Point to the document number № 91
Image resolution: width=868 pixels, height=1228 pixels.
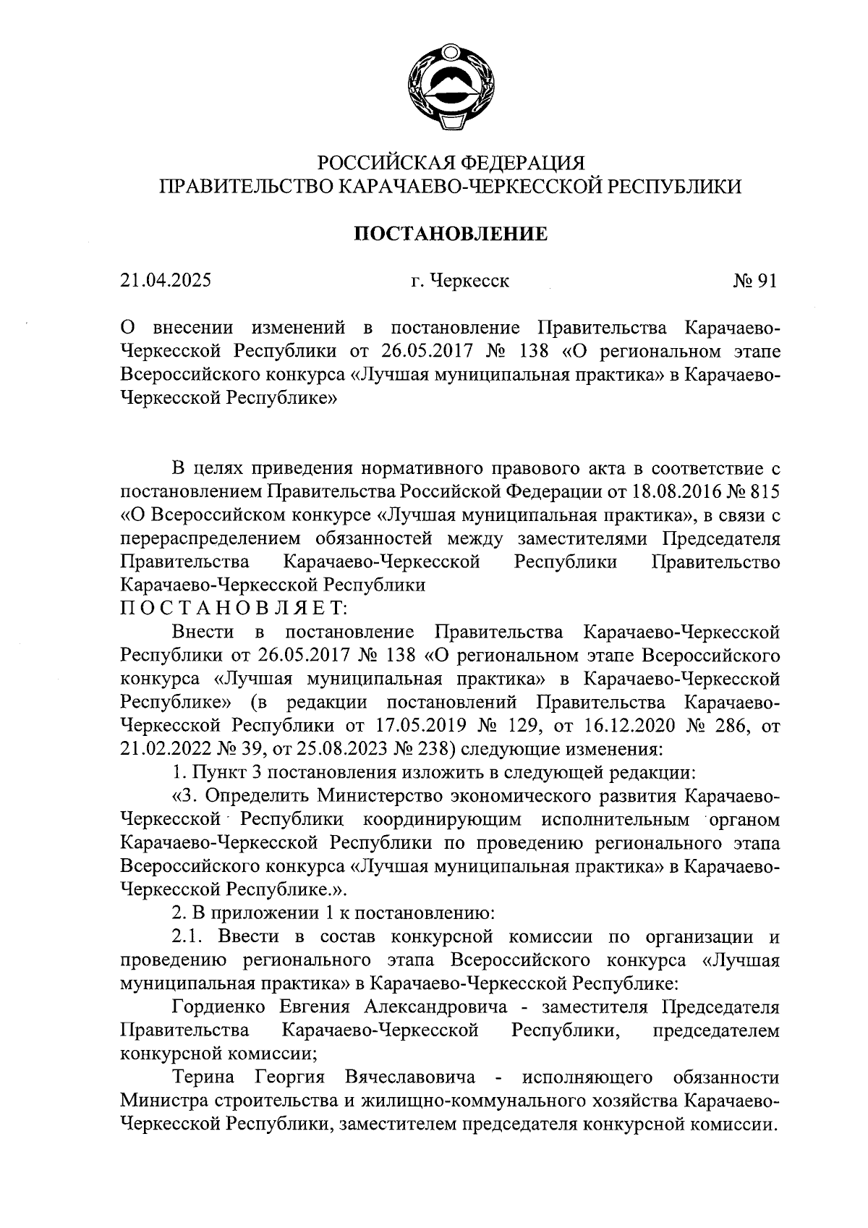(x=754, y=281)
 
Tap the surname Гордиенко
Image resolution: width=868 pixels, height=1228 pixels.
(x=220, y=1007)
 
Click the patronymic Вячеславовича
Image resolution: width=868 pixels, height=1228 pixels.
(x=410, y=1077)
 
